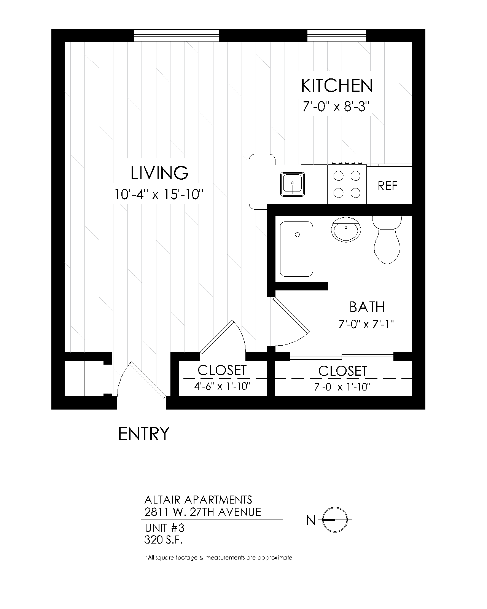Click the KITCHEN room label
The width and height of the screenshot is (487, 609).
[x=336, y=86]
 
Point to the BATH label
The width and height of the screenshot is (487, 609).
[x=367, y=307]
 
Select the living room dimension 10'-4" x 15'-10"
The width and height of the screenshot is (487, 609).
[x=159, y=195]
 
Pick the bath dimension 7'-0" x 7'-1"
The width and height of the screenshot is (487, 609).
[x=366, y=324]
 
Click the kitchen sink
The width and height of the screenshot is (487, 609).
[x=292, y=184]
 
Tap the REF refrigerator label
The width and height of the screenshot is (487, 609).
[x=387, y=186]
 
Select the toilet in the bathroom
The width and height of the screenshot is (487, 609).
[x=387, y=240]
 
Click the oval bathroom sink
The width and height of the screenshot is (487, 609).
[x=346, y=230]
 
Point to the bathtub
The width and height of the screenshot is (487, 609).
[x=296, y=249]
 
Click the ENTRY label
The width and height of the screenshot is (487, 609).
[x=143, y=434]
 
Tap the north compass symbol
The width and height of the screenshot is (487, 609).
[x=335, y=520]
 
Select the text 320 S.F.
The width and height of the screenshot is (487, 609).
[x=163, y=540]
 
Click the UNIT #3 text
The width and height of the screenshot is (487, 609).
[x=164, y=528]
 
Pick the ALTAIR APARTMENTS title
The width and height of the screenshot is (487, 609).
[x=198, y=500]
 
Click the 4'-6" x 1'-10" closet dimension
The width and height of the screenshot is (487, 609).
[x=222, y=386]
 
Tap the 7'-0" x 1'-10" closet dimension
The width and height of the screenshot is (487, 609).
[x=342, y=387]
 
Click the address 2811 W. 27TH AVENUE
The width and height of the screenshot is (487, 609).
[x=203, y=512]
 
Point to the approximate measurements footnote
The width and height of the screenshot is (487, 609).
[x=219, y=558]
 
